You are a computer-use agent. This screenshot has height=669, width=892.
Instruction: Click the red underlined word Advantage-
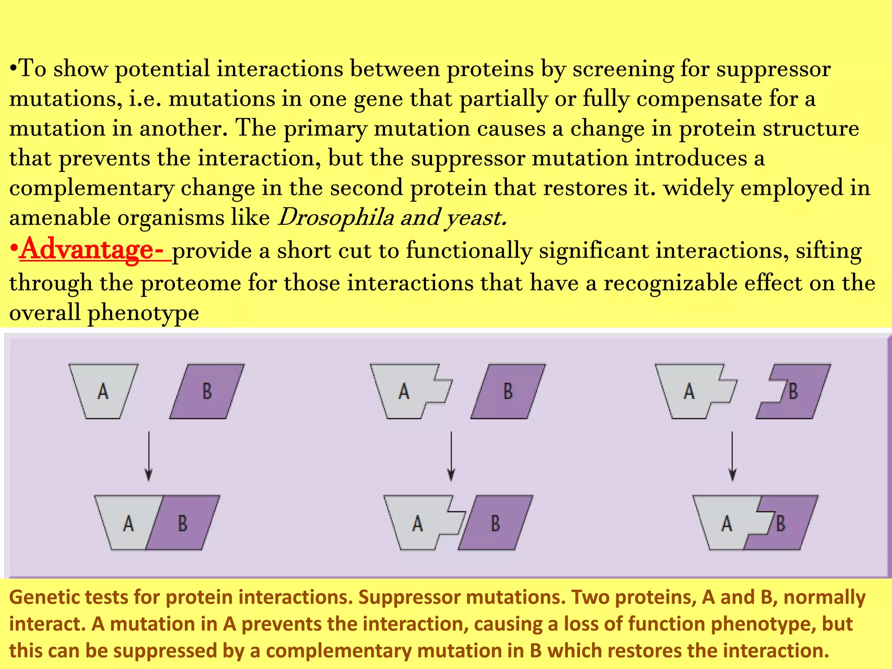point(91,250)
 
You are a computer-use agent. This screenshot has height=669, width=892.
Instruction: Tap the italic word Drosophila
point(335,217)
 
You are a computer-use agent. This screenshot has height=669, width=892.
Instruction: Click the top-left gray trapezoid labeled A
point(103,391)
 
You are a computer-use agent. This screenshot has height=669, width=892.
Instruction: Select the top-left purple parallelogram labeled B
point(207,391)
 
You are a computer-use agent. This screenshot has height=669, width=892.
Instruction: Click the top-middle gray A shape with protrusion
point(405,391)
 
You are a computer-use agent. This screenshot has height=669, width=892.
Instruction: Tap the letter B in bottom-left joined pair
point(182,523)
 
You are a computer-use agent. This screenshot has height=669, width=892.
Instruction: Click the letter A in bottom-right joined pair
point(726,523)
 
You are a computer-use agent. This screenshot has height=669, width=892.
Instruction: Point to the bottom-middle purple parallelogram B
point(496,523)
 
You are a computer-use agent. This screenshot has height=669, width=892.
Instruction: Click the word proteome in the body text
point(191,283)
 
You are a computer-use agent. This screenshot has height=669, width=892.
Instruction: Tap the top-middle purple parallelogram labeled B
point(508,391)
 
